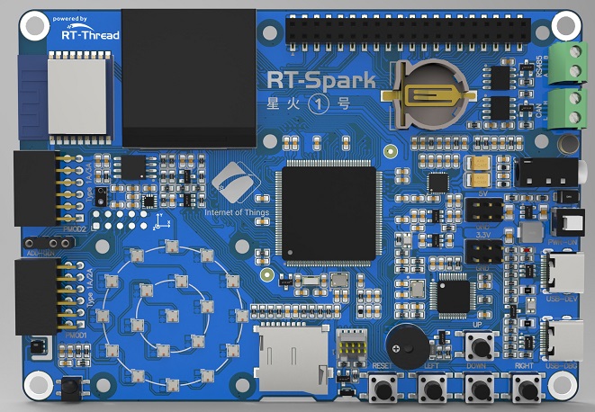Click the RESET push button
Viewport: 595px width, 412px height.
[387, 390]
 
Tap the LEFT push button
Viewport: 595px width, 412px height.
[434, 390]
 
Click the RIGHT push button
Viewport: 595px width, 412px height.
[527, 390]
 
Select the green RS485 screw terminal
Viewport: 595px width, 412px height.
[569, 63]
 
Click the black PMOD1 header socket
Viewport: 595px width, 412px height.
[36, 296]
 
